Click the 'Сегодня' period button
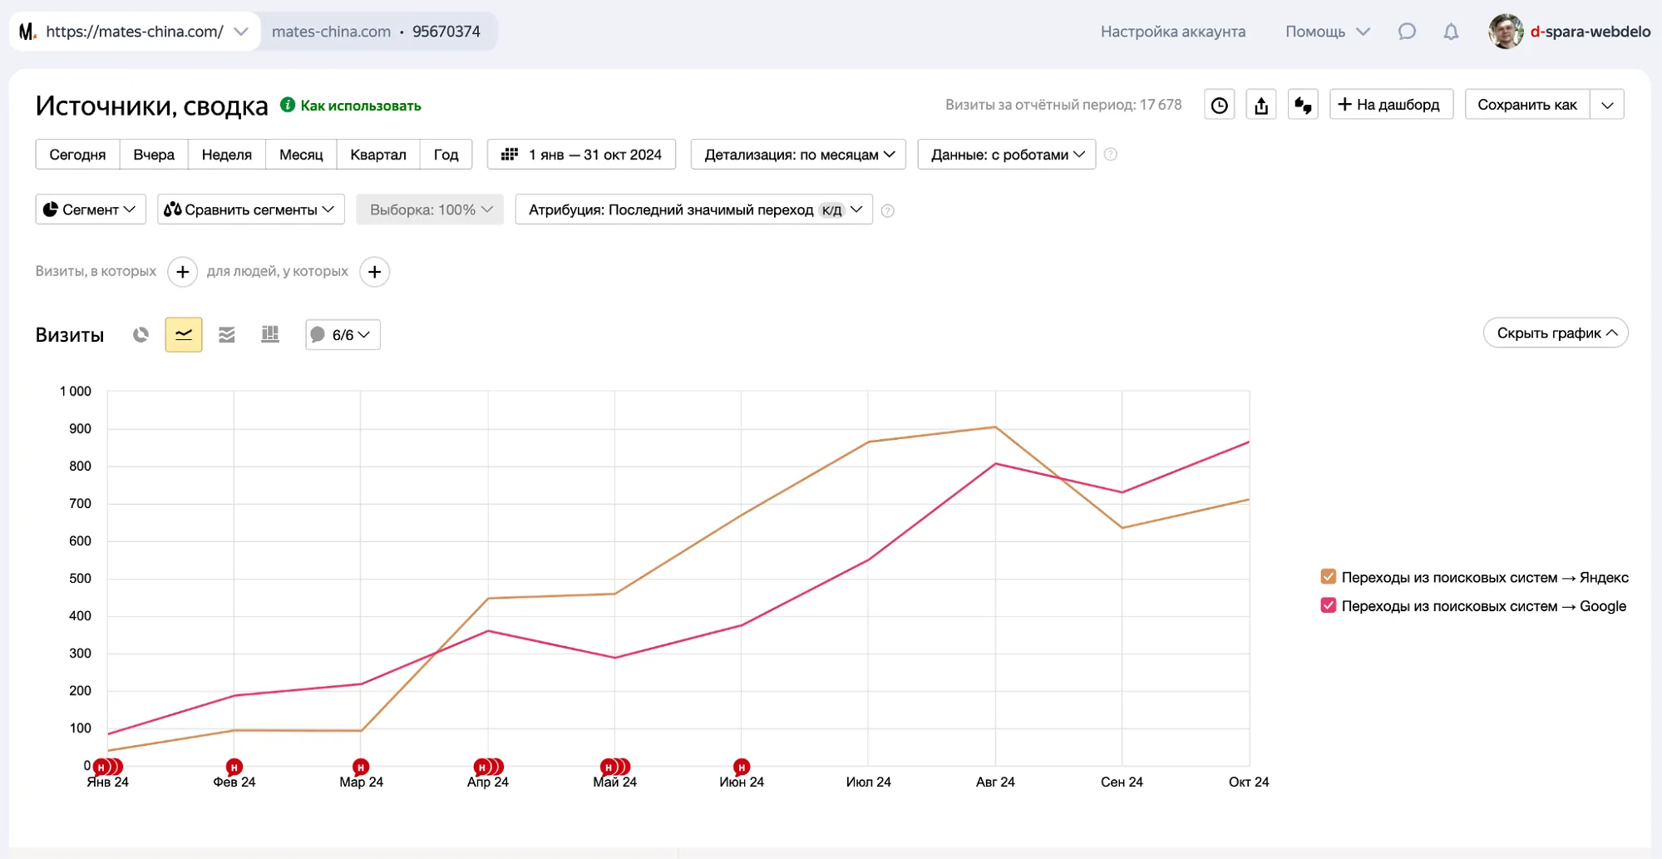77,155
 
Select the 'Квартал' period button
377,155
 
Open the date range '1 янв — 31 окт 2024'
582,155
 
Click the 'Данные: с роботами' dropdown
1006,155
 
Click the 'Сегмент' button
90,210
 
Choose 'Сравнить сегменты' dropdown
250,210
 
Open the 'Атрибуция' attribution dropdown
693,210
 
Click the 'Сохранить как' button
1526,105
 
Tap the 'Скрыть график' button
1555,333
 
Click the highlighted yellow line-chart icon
184,335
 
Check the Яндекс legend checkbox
1329,577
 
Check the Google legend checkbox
1329,605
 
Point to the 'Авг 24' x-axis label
995,782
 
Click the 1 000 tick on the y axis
76,392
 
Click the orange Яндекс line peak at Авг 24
995,427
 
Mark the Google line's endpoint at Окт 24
1248,442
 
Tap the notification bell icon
1451,32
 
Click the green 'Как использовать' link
360,106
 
